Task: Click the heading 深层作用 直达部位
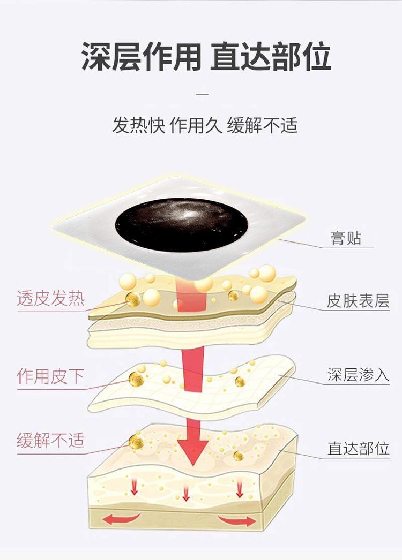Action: point(206,56)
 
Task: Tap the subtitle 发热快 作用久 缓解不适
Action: point(205,125)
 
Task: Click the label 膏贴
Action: point(346,238)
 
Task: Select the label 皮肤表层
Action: point(358,301)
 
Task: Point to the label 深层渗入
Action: point(358,375)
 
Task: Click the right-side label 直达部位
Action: point(359,448)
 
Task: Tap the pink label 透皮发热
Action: point(51,298)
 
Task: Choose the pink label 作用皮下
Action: point(50,376)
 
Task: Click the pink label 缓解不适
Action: point(50,440)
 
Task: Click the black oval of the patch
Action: point(182,225)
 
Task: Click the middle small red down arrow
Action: point(185,493)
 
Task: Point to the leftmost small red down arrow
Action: point(134,487)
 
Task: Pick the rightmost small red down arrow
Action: point(239,488)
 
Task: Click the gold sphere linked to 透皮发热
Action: point(133,299)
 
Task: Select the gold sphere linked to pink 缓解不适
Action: point(137,442)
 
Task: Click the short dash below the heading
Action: point(203,94)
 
